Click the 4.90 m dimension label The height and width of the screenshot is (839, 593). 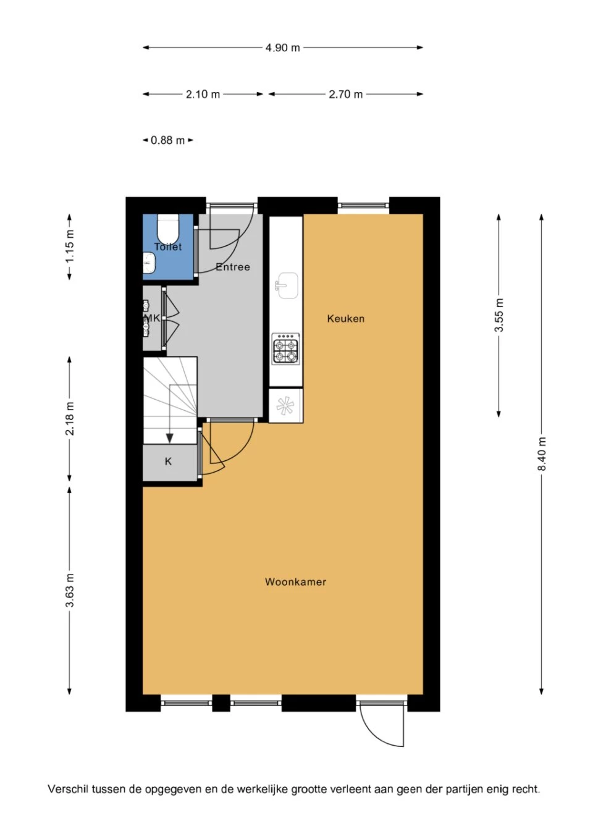(x=283, y=48)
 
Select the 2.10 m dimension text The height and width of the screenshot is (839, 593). (x=203, y=95)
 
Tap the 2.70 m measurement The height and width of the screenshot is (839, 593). (x=345, y=95)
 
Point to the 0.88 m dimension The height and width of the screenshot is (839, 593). (x=168, y=140)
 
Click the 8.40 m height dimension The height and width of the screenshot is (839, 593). (x=542, y=453)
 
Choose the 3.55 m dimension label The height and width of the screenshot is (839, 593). (x=498, y=315)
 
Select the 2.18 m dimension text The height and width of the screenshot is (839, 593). (x=70, y=418)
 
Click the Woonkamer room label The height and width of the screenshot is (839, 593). (x=295, y=582)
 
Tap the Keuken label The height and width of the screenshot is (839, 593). (x=345, y=319)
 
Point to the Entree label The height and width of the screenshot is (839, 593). (x=233, y=267)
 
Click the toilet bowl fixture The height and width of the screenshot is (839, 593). (x=168, y=229)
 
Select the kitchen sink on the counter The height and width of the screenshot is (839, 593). (x=287, y=286)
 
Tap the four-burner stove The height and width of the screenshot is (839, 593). (x=285, y=348)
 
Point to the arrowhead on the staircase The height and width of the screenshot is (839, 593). (x=170, y=438)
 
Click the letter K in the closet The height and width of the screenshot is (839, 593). (x=168, y=462)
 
